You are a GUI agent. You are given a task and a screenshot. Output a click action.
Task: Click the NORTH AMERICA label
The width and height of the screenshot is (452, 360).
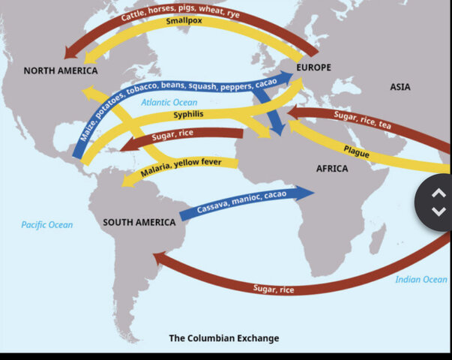tap(61, 70)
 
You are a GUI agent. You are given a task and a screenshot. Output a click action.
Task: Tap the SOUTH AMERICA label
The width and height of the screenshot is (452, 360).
tap(139, 222)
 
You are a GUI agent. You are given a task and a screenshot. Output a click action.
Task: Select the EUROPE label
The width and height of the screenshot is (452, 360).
tap(313, 67)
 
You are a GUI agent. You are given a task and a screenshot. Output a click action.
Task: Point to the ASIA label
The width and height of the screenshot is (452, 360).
tap(400, 87)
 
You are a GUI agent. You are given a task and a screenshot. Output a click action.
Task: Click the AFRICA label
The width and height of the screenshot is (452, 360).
tap(332, 169)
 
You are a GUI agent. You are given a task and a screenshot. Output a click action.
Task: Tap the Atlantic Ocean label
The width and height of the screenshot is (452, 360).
tap(169, 103)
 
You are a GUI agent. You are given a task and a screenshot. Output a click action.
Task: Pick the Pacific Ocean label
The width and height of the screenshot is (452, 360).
tap(47, 224)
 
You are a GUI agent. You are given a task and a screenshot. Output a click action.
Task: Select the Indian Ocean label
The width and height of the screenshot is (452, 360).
tap(421, 279)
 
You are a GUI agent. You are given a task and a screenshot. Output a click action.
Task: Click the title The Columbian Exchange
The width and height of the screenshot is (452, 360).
tap(223, 338)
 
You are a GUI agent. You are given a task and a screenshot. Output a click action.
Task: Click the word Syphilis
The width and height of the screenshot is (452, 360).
tap(189, 115)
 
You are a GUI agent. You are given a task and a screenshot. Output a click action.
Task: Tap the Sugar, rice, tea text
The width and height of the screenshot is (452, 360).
tap(362, 120)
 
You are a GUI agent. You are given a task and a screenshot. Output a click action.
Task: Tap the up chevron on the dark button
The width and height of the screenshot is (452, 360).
tap(439, 193)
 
